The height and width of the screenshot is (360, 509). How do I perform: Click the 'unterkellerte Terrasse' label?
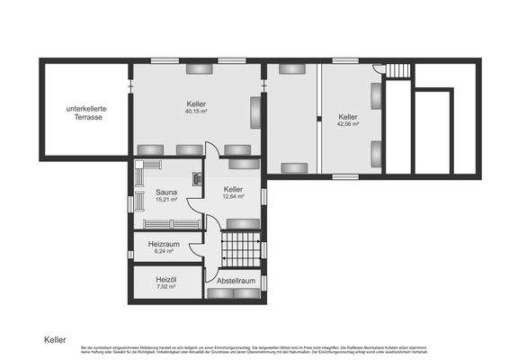point(85,113)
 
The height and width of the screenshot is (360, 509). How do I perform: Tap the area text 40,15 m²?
point(196,112)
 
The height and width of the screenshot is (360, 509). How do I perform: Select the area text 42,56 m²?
point(348,124)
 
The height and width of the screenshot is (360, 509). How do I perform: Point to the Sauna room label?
point(165,192)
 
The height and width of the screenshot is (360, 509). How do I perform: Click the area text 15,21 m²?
point(165,200)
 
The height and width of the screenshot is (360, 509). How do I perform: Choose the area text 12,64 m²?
point(234,197)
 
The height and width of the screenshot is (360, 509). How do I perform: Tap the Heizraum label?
point(165,244)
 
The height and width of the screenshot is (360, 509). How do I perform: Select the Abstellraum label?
point(237,281)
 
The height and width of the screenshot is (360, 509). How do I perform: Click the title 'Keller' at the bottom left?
point(56,340)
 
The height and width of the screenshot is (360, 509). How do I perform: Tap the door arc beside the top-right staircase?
point(380,69)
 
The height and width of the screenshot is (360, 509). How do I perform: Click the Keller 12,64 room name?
point(234,189)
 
